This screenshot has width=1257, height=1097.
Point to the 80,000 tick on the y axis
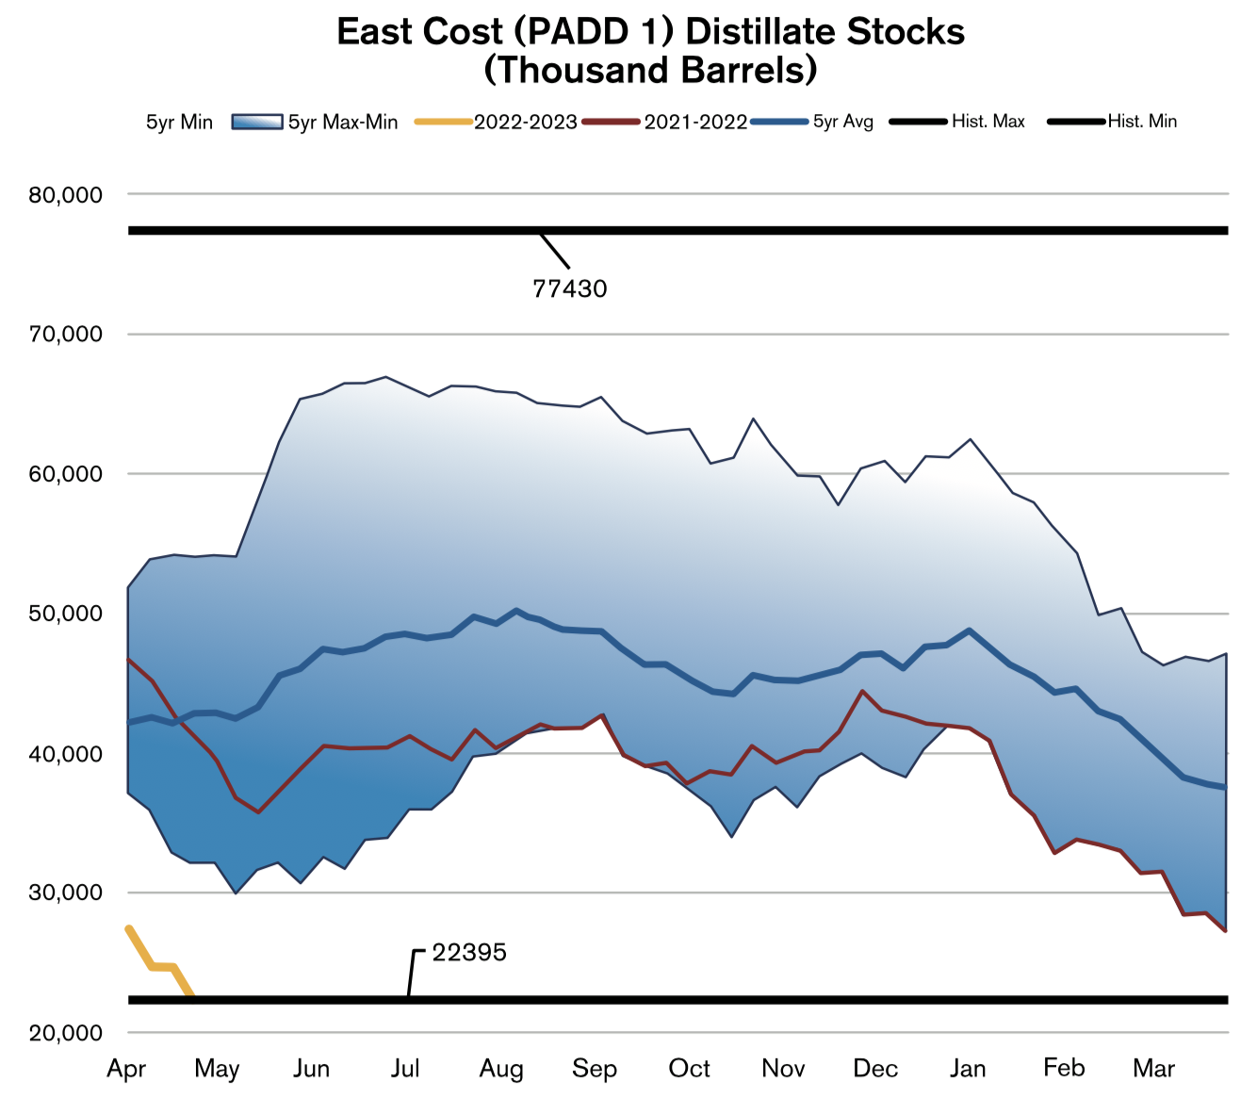click(66, 195)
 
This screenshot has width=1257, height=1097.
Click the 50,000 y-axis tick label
click(66, 614)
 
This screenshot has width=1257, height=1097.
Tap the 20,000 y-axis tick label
click(66, 1033)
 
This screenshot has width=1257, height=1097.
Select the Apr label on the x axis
click(126, 1069)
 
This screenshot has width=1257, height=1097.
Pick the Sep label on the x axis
click(595, 1069)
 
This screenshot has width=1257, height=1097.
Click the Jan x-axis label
click(968, 1069)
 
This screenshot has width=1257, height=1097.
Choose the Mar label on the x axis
click(1154, 1069)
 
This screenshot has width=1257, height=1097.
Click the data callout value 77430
click(570, 288)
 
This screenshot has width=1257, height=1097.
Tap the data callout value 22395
click(469, 953)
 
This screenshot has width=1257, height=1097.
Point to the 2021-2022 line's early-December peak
click(862, 691)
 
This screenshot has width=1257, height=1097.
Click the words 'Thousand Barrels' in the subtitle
click(650, 71)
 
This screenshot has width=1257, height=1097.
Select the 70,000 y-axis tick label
click(66, 335)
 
